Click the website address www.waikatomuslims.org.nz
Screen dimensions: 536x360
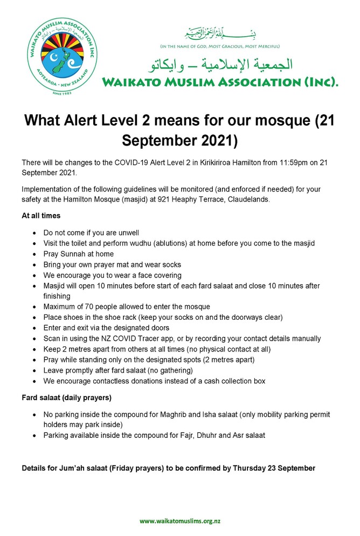pyautogui.click(x=179, y=520)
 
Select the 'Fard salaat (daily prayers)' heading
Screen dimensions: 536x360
pyautogui.click(x=66, y=398)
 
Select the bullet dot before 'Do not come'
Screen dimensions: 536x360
pyautogui.click(x=35, y=233)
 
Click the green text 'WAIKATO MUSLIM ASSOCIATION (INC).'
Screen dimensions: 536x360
pyautogui.click(x=220, y=83)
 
